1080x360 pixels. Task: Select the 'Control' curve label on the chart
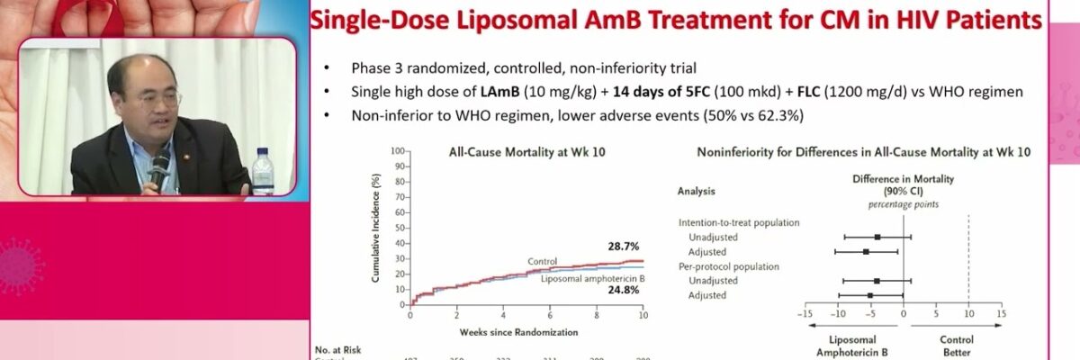(x=542, y=261)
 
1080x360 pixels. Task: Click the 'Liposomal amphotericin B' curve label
(x=591, y=279)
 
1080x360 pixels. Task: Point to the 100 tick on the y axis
(x=396, y=152)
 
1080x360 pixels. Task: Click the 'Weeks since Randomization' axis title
(x=518, y=331)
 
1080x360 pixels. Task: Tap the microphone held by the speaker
(x=160, y=167)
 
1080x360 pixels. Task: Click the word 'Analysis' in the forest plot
(x=697, y=191)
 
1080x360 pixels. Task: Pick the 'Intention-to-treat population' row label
(x=739, y=222)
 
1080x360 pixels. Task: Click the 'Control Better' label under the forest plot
(x=956, y=346)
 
